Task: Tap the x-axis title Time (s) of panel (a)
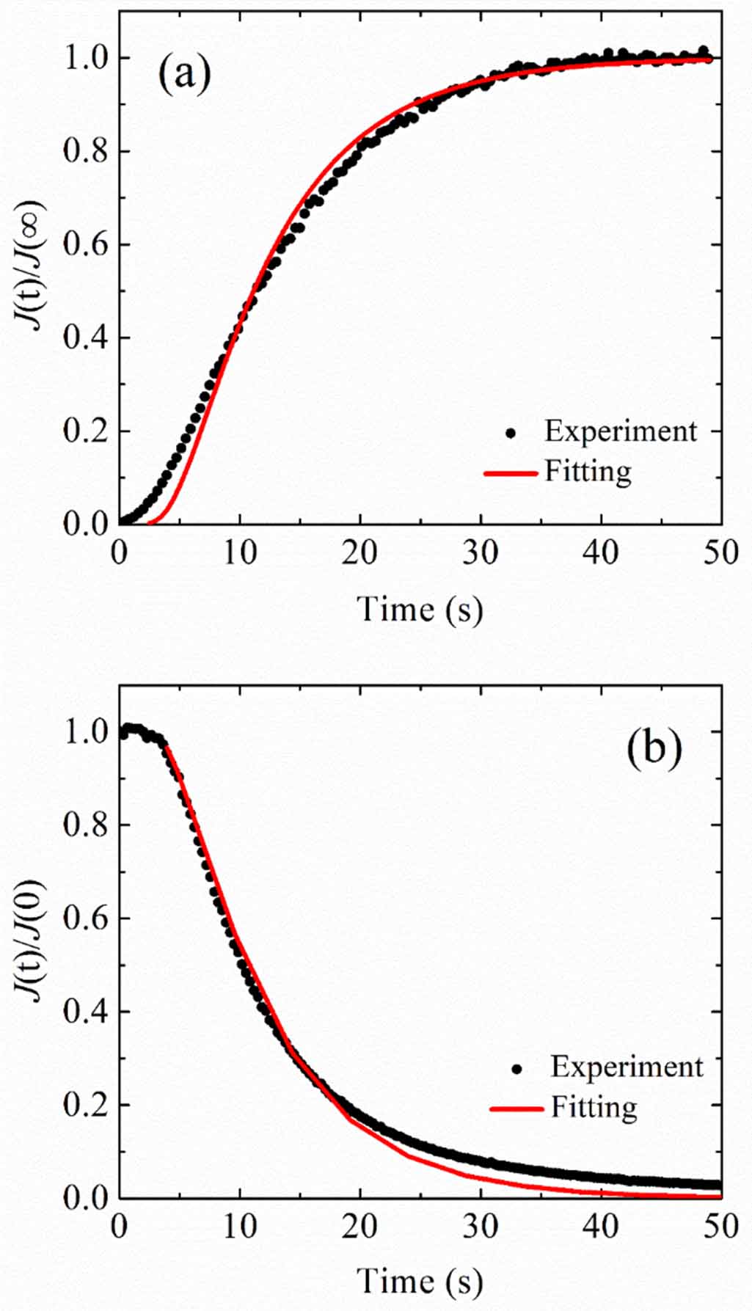pyautogui.click(x=420, y=610)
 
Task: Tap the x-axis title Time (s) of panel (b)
pyautogui.click(x=420, y=1281)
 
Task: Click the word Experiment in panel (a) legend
pyautogui.click(x=620, y=431)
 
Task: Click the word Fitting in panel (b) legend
pyautogui.click(x=594, y=1106)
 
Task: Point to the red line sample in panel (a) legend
pyautogui.click(x=511, y=473)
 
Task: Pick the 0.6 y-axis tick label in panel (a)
pyautogui.click(x=84, y=244)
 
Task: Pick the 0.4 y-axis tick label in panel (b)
pyautogui.click(x=84, y=1012)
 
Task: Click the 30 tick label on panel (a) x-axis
pyautogui.click(x=481, y=552)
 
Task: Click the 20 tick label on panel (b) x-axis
pyautogui.click(x=359, y=1225)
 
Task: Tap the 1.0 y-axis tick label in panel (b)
pyautogui.click(x=84, y=731)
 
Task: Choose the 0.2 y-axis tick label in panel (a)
pyautogui.click(x=84, y=431)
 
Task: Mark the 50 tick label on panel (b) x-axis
pyautogui.click(x=720, y=1225)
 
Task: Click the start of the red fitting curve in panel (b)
pyautogui.click(x=167, y=746)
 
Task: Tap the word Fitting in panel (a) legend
pyautogui.click(x=587, y=472)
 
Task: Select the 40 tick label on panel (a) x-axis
pyautogui.click(x=601, y=552)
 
